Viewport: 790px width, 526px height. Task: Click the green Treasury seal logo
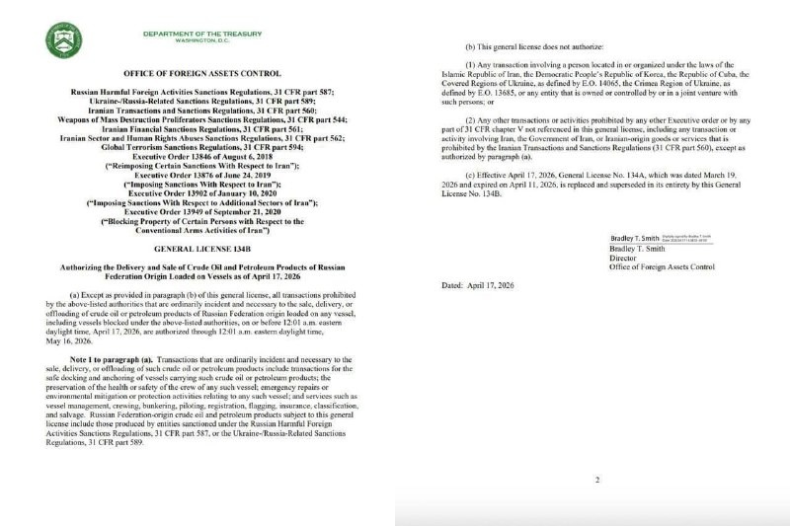64,39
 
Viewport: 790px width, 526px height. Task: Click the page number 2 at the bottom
596,481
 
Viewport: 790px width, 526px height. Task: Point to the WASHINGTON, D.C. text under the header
202,40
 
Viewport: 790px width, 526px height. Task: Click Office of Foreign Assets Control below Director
664,268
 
